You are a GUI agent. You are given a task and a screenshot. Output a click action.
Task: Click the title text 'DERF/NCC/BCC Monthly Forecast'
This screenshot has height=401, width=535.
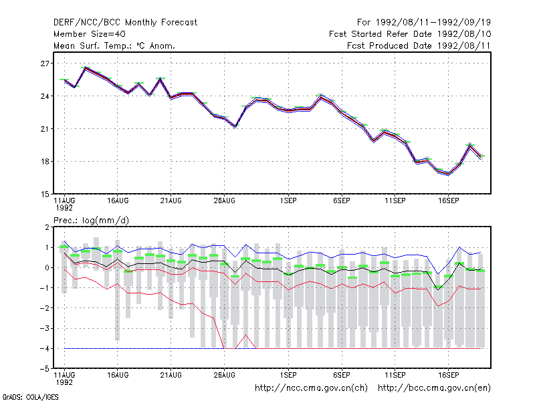coord(125,23)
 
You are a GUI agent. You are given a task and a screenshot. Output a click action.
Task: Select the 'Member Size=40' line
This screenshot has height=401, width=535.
coord(90,34)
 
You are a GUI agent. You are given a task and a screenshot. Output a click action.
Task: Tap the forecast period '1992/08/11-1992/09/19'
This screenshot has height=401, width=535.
coord(433,23)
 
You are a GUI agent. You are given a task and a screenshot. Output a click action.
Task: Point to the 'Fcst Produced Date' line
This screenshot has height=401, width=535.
coord(419,45)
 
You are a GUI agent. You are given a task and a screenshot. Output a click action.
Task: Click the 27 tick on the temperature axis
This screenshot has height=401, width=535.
coord(45,63)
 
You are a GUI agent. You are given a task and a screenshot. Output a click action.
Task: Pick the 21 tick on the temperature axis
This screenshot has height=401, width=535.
coord(45,129)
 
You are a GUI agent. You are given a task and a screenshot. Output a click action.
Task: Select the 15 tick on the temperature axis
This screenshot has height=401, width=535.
coord(45,194)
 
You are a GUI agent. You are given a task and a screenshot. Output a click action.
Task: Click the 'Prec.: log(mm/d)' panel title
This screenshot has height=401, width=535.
coord(91,221)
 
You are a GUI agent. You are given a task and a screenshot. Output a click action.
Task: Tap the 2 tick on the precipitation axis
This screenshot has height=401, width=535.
coord(47,227)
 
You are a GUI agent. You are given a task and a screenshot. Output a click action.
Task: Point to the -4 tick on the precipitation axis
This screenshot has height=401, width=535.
coord(44,349)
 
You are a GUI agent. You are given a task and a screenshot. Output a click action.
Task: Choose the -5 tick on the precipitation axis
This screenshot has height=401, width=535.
coord(44,369)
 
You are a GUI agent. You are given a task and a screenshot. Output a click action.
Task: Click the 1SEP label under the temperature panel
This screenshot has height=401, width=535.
coord(288,201)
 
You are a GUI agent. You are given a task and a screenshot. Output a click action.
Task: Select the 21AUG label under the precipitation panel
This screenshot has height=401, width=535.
coord(171,375)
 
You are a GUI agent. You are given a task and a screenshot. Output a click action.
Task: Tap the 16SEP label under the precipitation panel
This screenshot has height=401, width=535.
coord(448,375)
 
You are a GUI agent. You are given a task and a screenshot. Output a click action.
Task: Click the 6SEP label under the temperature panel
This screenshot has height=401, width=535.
coord(342,201)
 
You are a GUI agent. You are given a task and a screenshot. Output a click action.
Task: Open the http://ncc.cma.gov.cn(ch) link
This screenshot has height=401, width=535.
coord(311,388)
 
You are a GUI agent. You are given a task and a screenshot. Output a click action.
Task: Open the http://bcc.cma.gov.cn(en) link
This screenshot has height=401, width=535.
coord(434,388)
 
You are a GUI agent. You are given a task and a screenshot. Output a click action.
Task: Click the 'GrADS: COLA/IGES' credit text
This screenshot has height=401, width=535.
coord(30,397)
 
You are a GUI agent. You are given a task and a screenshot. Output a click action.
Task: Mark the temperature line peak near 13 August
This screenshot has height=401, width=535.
coord(86,68)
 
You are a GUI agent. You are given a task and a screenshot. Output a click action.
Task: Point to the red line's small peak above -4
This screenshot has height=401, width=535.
coord(245,335)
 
